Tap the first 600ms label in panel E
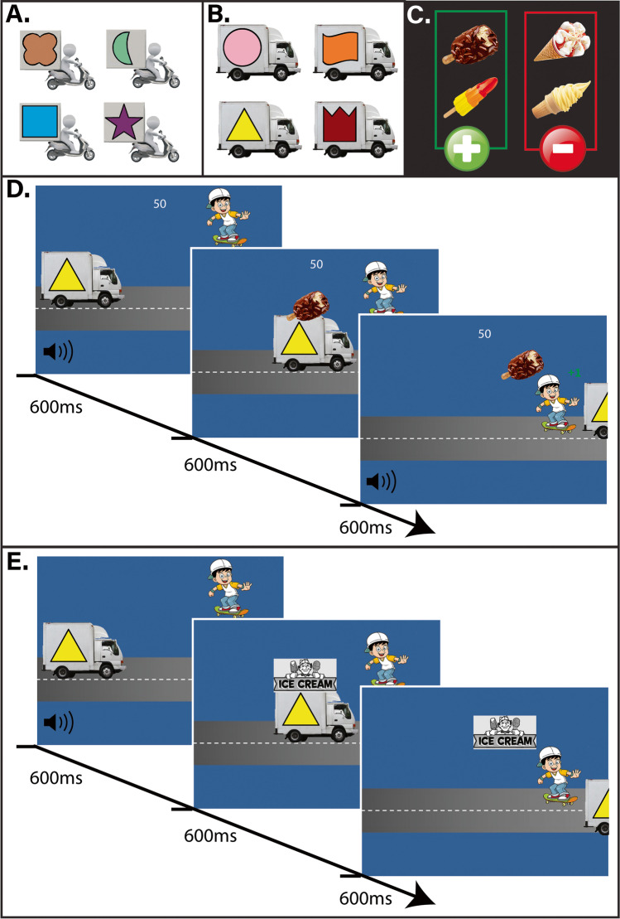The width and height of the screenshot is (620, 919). click(x=59, y=778)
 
